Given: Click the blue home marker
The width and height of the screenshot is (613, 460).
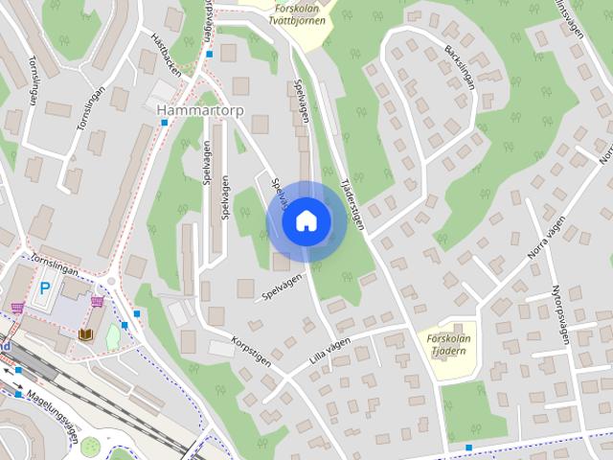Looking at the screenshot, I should [306, 221].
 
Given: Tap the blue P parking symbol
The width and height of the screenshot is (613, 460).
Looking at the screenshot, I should [44, 287].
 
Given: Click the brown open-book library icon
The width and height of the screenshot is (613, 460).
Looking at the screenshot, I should [87, 333].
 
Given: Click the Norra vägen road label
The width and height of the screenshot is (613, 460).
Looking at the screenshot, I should [547, 241].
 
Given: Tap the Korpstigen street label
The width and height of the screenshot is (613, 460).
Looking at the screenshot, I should [252, 351].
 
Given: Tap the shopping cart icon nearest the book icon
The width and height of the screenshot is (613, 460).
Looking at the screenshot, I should [98, 301].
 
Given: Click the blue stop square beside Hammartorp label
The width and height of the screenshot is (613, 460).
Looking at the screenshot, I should [164, 123].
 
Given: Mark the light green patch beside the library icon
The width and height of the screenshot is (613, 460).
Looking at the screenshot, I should [113, 336].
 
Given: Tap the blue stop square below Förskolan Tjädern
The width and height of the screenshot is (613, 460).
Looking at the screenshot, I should [468, 448].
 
